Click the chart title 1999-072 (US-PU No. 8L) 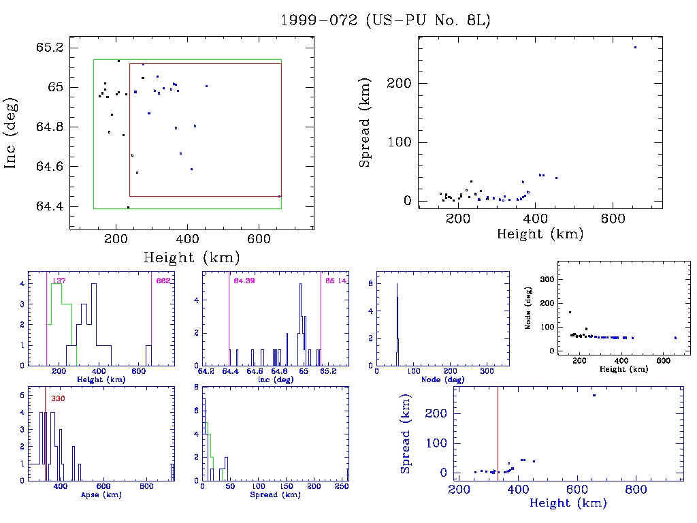(385, 20)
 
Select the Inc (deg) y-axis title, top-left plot (12, 133)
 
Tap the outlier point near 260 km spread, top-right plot (635, 47)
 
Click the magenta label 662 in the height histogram (163, 281)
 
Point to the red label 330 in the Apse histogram (57, 398)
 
